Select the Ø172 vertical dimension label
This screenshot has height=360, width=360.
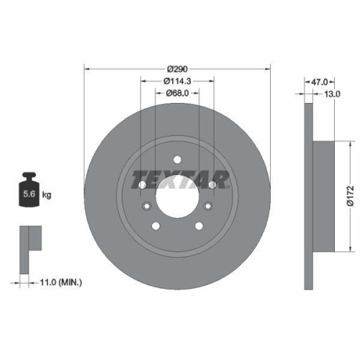tap(349, 195)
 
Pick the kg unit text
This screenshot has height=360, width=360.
tap(46, 195)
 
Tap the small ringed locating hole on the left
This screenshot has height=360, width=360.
tap(147, 207)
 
